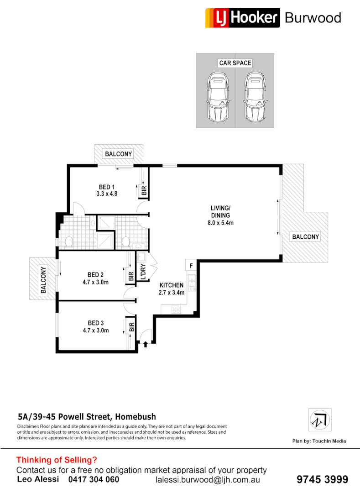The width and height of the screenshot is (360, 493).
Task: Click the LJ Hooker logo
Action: click(242, 18)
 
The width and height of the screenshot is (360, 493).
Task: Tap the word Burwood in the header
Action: click(313, 18)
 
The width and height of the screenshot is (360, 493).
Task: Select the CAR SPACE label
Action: click(235, 63)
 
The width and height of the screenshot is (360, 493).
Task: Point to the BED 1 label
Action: click(107, 187)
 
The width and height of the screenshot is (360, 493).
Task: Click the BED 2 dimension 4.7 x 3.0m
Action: click(95, 282)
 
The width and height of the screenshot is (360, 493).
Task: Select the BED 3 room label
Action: click(95, 323)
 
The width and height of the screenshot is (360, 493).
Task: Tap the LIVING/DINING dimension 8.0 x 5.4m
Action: click(220, 223)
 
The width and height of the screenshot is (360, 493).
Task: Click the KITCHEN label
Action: click(171, 285)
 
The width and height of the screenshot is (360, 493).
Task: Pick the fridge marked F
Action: click(191, 265)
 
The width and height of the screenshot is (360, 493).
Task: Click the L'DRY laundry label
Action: click(143, 272)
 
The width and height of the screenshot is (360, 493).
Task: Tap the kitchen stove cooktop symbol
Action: click(176, 309)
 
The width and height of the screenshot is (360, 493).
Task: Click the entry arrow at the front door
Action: click(146, 344)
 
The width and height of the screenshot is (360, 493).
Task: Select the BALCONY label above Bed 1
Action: click(119, 154)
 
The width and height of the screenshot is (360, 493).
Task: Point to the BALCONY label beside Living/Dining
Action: click(305, 237)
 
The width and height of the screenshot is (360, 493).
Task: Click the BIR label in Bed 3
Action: click(131, 327)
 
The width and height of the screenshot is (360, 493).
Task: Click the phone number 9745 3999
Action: click(322, 480)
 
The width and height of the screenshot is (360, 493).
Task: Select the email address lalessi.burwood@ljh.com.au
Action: click(208, 480)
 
